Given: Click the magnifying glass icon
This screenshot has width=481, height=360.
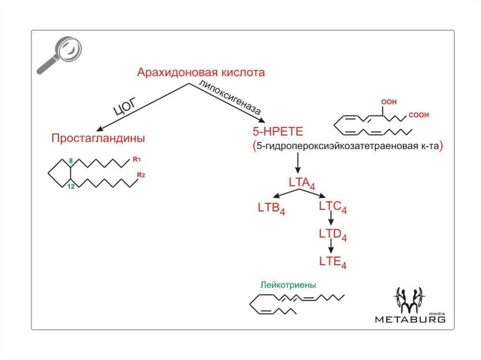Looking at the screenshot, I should (60, 54).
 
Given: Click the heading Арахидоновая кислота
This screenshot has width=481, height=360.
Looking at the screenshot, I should (201, 73).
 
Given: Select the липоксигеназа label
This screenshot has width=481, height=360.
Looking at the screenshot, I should (229, 98).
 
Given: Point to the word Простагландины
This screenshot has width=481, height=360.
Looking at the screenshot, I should (98, 138).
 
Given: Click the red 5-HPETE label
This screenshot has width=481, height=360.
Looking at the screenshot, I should (272, 131).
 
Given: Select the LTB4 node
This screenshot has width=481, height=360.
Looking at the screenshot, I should (272, 207).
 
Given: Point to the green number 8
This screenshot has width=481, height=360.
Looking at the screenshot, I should (71, 161).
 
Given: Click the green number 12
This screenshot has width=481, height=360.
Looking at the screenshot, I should (71, 187).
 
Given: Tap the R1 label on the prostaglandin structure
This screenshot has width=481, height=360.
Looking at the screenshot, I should (137, 160).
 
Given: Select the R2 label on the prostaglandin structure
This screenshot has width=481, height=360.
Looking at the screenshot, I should (141, 175).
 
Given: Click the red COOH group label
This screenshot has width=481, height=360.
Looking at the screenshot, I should (419, 115).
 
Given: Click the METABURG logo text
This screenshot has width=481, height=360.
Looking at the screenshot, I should (410, 319).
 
